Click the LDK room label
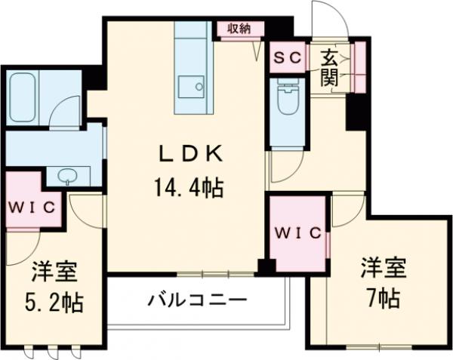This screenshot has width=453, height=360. (x=189, y=155)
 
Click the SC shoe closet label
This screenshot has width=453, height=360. (x=287, y=57)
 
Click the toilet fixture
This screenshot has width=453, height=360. (x=288, y=98)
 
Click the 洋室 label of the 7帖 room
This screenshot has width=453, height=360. (x=383, y=268)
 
